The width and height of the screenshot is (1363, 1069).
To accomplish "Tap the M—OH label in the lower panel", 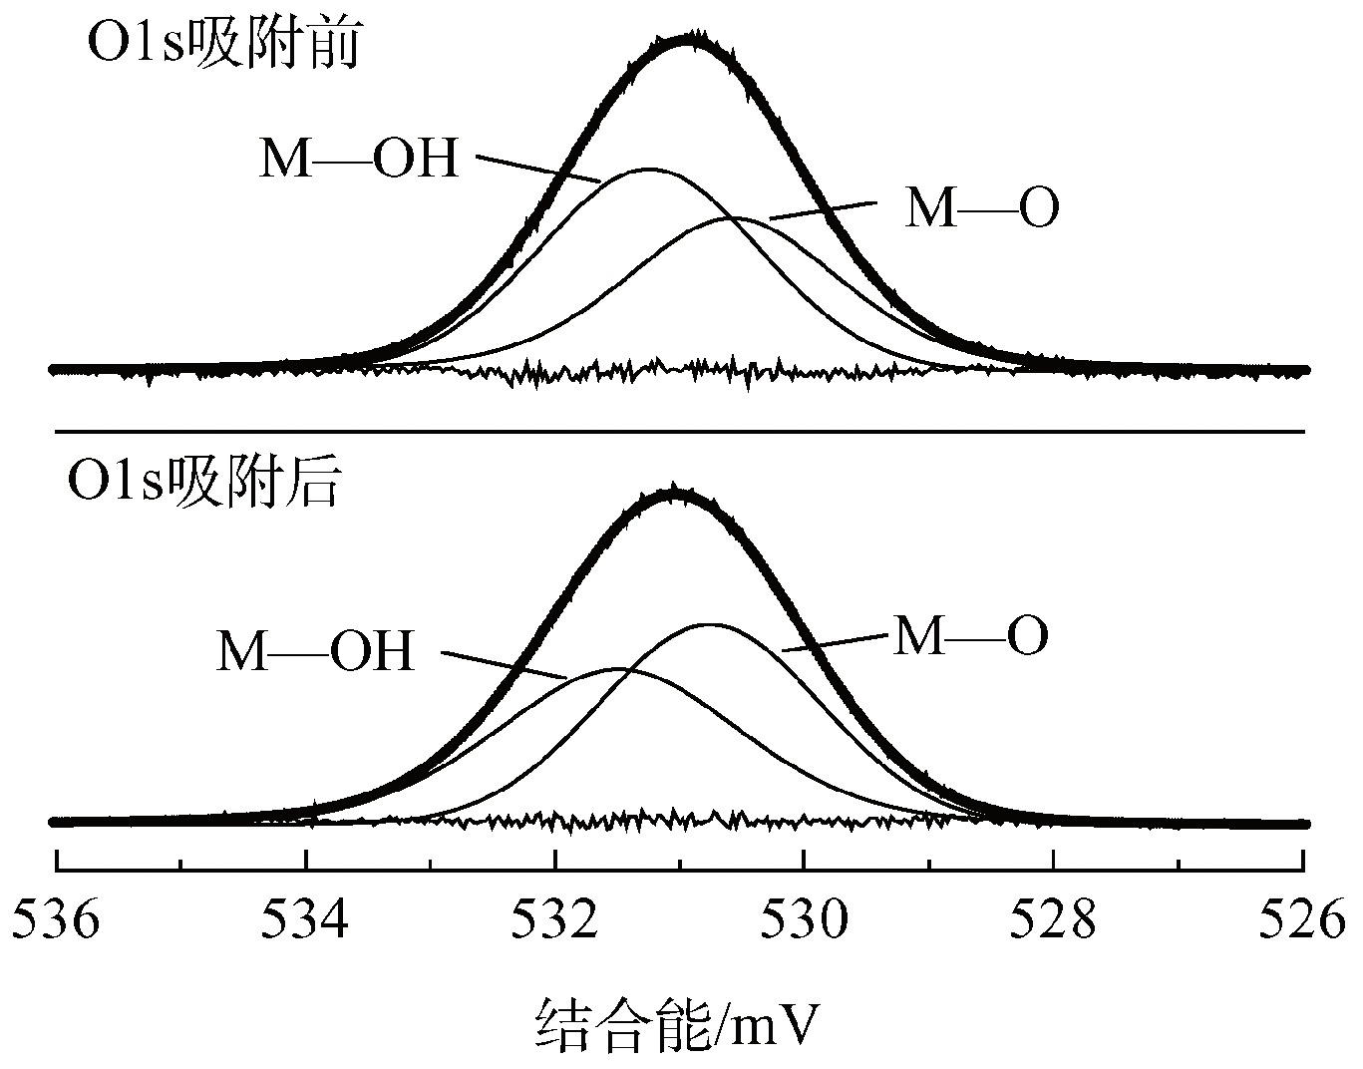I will click(315, 652).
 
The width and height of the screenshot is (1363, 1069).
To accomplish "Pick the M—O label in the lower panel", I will click(970, 636).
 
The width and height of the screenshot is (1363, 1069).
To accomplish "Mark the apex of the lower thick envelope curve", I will click(676, 493).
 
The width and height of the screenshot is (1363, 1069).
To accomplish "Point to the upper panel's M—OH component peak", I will click(649, 170).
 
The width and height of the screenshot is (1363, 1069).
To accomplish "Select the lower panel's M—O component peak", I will click(709, 625).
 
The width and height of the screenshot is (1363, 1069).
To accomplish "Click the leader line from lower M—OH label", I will click(504, 665).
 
